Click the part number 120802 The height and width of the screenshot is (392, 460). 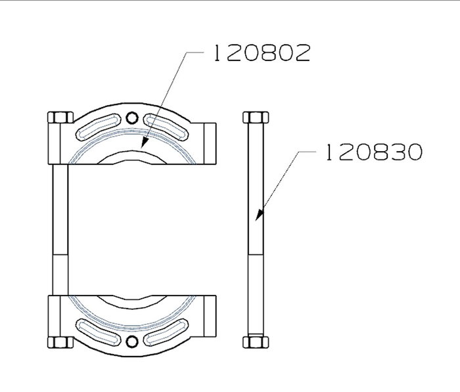click(x=262, y=53)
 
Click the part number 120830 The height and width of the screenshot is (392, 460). click(x=374, y=152)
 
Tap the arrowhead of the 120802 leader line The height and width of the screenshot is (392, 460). click(x=145, y=142)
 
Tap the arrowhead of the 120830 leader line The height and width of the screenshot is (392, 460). click(x=260, y=215)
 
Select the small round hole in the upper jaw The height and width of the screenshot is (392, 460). click(x=132, y=118)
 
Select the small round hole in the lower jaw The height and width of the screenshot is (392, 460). click(x=132, y=341)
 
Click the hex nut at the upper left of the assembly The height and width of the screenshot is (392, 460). click(x=60, y=118)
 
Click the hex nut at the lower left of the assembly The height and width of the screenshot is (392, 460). click(x=60, y=343)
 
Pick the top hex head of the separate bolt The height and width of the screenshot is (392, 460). click(x=256, y=118)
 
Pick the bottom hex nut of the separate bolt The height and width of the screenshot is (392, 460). click(x=256, y=343)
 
